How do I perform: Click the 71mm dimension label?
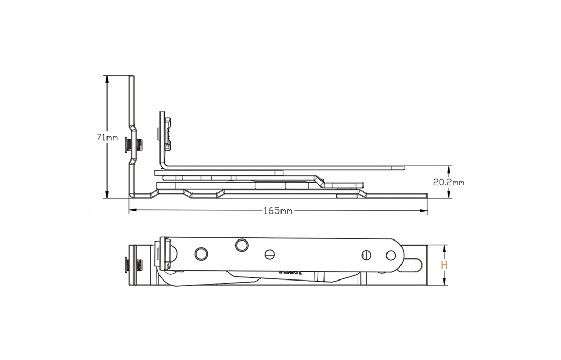point(107,137)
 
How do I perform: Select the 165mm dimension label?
point(278,210)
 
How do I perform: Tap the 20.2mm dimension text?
point(449,182)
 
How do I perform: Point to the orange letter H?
point(444,265)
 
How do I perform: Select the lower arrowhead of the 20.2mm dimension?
point(449,194)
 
